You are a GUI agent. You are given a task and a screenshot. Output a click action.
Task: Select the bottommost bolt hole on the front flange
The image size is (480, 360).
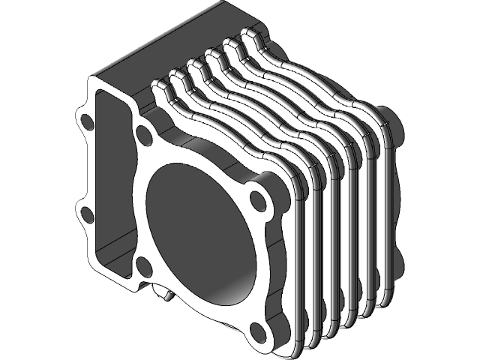(x=259, y=331)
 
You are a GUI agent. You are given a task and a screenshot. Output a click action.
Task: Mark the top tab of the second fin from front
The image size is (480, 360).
(x=178, y=77)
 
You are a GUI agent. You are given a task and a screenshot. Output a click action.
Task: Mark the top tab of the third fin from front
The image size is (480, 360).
(x=196, y=68)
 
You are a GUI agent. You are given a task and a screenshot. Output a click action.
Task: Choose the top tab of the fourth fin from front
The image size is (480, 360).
(x=214, y=57)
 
